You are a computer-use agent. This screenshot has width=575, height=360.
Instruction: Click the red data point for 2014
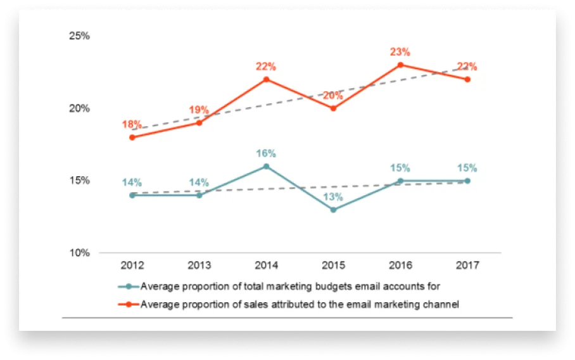click(x=266, y=79)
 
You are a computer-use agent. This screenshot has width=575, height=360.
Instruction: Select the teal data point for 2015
click(x=333, y=210)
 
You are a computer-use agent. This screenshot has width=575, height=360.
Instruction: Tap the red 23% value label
click(x=400, y=52)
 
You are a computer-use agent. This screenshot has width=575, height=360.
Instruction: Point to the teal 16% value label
click(x=266, y=153)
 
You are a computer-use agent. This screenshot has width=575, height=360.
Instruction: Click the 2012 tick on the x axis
click(x=132, y=265)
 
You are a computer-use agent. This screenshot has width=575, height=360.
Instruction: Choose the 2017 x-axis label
click(x=467, y=265)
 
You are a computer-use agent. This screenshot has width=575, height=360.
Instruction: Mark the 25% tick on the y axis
click(x=80, y=35)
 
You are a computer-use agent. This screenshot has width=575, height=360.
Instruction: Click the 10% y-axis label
click(x=80, y=252)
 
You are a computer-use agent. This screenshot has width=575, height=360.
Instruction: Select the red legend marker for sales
click(x=129, y=304)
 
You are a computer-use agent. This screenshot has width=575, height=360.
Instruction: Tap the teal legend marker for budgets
click(x=129, y=286)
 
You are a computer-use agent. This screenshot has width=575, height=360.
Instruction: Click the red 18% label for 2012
click(x=132, y=124)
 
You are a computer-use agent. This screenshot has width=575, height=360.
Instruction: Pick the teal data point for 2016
click(x=400, y=181)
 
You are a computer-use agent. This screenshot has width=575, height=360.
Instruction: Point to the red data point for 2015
click(x=333, y=108)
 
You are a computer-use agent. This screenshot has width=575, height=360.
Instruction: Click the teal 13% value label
click(x=333, y=197)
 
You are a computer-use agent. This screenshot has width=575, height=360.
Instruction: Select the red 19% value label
click(x=199, y=110)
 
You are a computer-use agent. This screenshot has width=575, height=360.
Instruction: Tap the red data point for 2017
click(x=467, y=79)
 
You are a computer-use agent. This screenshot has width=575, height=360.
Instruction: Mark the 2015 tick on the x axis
click(x=333, y=265)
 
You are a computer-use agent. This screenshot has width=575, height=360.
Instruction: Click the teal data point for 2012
click(x=132, y=195)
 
